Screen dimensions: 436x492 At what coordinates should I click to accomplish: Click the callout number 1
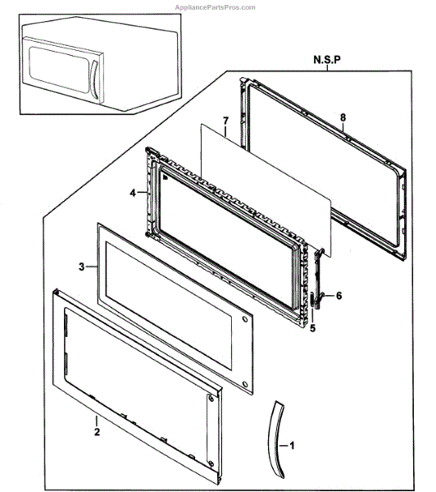(292, 445)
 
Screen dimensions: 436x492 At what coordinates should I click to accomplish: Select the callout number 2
(98, 432)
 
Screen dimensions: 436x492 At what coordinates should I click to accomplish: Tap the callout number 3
(82, 266)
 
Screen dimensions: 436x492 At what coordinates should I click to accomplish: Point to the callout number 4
(133, 193)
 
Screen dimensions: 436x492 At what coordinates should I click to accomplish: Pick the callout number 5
(313, 328)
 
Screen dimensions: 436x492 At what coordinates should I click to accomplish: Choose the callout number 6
(338, 295)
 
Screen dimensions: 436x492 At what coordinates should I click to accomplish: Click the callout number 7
(226, 121)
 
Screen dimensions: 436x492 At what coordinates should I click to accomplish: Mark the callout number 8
(343, 117)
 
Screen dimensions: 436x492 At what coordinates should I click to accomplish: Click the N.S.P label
(327, 60)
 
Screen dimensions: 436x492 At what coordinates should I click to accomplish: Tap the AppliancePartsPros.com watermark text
(216, 7)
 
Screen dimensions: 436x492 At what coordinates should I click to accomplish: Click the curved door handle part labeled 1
(276, 440)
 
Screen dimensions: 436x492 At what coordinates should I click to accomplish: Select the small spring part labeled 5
(312, 300)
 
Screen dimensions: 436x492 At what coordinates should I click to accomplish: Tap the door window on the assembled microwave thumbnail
(59, 70)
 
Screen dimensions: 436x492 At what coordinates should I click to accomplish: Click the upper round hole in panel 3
(244, 320)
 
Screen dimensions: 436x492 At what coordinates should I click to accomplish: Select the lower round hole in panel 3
(245, 384)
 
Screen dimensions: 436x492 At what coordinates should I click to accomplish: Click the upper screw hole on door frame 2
(211, 399)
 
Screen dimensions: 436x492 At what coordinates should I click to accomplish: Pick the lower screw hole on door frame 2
(211, 463)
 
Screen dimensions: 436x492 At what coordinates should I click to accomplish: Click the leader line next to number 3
(91, 266)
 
